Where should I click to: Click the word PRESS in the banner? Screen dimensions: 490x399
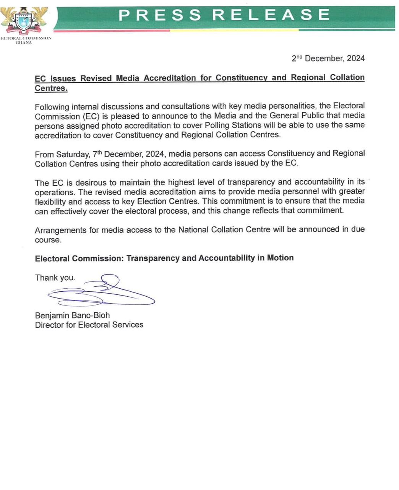pos(160,15)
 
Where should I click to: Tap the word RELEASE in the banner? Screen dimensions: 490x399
pos(271,15)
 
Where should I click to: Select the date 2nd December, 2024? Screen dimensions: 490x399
pos(328,58)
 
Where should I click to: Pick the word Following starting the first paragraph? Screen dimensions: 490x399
pos(52,106)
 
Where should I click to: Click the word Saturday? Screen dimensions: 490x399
pos(73,154)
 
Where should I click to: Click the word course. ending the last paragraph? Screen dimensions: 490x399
pos(48,240)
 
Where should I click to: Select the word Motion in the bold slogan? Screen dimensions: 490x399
pos(280,258)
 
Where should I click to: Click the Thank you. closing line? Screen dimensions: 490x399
pos(55,278)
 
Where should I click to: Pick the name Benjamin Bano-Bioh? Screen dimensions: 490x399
pos(72,315)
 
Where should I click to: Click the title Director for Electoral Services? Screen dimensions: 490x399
pos(89,325)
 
